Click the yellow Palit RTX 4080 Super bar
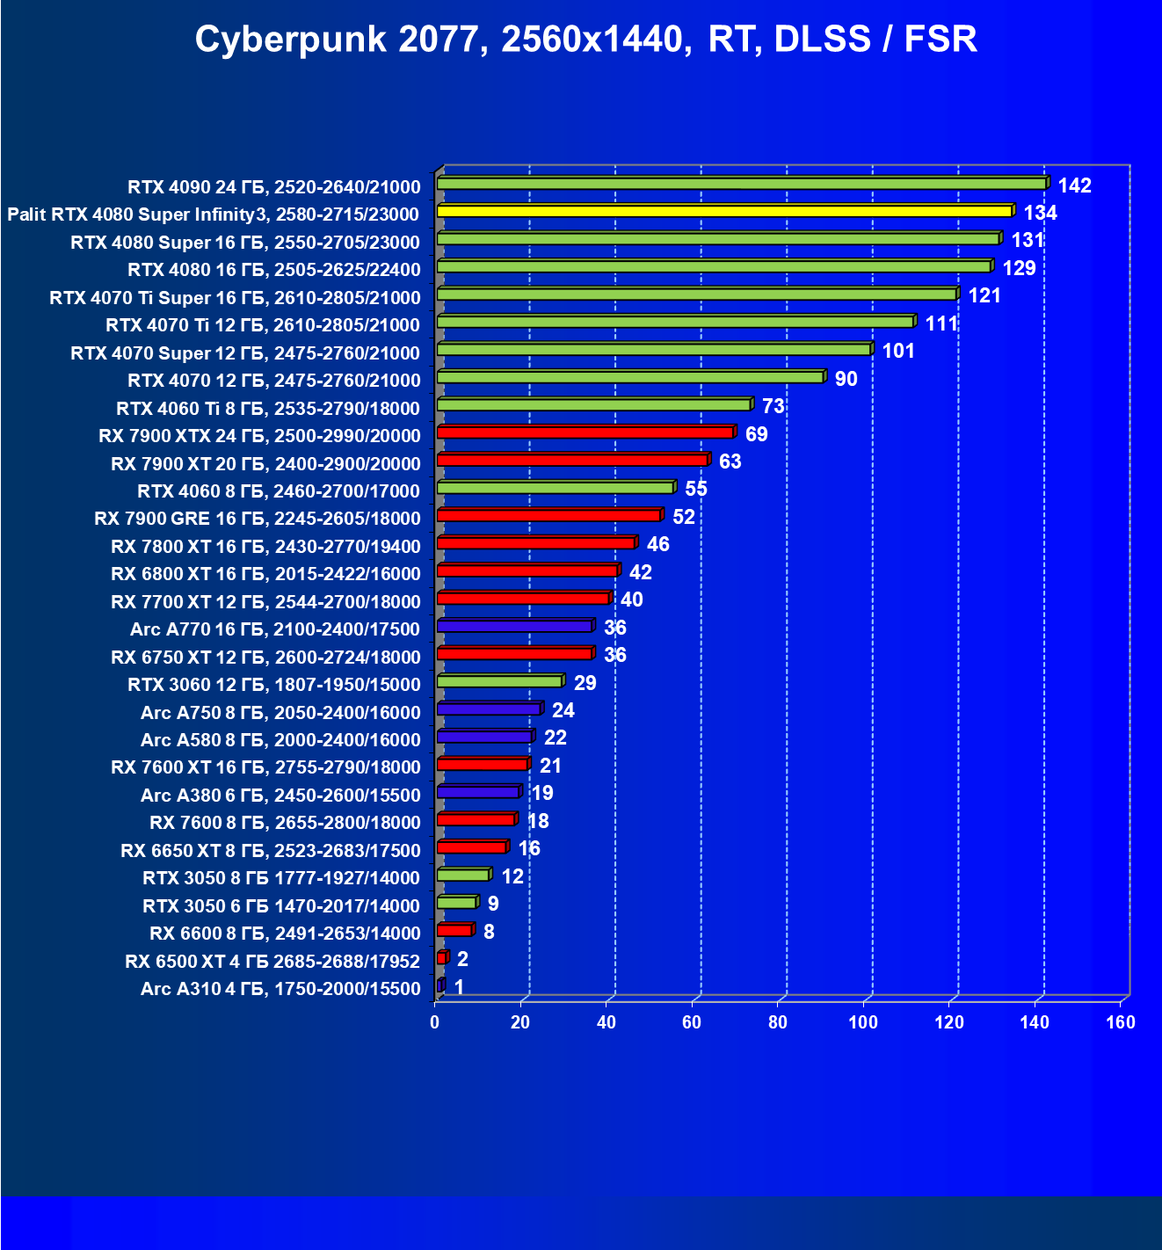(725, 212)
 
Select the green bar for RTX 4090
(742, 184)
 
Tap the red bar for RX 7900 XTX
(585, 432)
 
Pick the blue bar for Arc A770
(515, 627)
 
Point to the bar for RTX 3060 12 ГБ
(499, 682)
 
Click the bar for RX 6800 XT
(527, 571)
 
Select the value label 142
(1074, 185)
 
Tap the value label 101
(898, 352)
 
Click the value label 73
(773, 406)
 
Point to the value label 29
(585, 683)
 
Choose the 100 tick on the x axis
(863, 1021)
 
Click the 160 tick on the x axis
(1120, 1021)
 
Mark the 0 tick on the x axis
(435, 1021)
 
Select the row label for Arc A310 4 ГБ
(280, 989)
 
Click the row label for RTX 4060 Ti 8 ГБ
(268, 409)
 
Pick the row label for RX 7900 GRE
(258, 519)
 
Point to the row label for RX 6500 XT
(272, 962)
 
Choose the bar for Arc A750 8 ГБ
(489, 709)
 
